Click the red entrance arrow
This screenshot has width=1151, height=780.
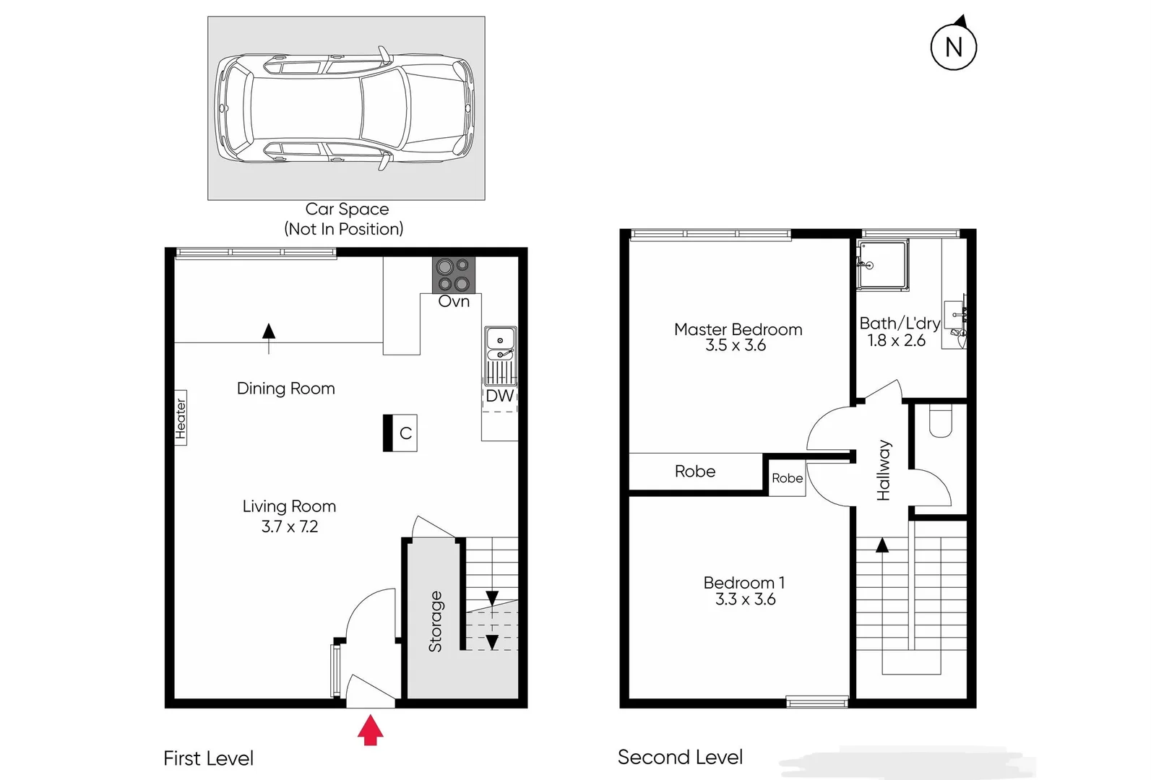pos(370,729)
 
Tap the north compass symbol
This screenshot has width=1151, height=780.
pos(954,47)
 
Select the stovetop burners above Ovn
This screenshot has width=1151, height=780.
pos(454,275)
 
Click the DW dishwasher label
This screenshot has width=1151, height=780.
pos(499,396)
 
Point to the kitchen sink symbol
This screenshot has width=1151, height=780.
pos(500,344)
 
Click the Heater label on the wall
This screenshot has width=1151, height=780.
pos(181,419)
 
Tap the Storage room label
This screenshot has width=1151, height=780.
pos(436,621)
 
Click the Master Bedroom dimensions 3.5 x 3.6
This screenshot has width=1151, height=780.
pos(736,346)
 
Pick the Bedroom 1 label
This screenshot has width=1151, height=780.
pos(744,582)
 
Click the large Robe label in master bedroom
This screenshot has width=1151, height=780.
pos(695,472)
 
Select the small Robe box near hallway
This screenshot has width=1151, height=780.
pos(787,478)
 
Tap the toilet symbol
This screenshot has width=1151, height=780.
pos(940,422)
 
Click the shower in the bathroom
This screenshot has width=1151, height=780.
pos(881,265)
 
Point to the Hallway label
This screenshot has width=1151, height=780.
pos(884,470)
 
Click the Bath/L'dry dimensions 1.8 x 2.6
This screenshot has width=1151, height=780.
pos(896,341)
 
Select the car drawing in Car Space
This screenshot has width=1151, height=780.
pos(346,108)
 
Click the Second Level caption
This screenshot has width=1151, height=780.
pos(680,757)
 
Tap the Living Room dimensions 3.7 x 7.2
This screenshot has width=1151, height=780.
pos(289,526)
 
